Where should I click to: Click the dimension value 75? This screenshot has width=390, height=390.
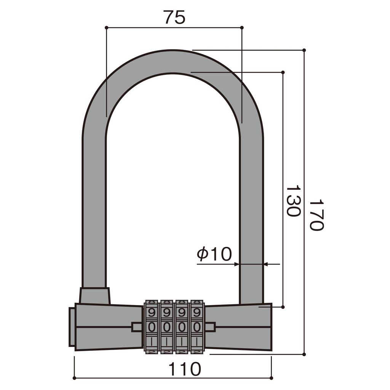pyautogui.click(x=174, y=17)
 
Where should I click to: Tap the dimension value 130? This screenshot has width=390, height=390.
pyautogui.click(x=293, y=201)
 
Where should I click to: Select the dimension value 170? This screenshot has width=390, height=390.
pyautogui.click(x=316, y=214)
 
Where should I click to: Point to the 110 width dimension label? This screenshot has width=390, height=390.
pyautogui.click(x=185, y=369)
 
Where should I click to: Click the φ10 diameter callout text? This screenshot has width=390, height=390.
pyautogui.click(x=214, y=254)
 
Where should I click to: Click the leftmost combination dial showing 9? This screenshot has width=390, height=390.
pyautogui.click(x=152, y=313)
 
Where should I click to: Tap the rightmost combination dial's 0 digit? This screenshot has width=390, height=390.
pyautogui.click(x=197, y=327)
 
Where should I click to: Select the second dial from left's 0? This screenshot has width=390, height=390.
pyautogui.click(x=166, y=327)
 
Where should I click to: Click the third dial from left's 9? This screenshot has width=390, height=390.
pyautogui.click(x=182, y=313)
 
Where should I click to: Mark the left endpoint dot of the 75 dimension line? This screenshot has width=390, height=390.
pyautogui.click(x=106, y=27)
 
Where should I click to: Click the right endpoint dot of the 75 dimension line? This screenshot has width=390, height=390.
pyautogui.click(x=242, y=27)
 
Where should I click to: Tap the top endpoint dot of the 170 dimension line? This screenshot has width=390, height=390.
pyautogui.click(x=304, y=50)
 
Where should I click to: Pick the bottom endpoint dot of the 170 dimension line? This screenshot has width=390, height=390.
pyautogui.click(x=304, y=354)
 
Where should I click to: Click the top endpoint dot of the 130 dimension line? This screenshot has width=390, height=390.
pyautogui.click(x=283, y=72)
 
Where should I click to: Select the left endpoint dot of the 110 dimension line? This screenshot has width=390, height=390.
pyautogui.click(x=74, y=378)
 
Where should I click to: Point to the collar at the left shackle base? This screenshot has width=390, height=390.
pyautogui.click(x=95, y=296)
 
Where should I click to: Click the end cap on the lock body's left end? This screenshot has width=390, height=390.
pyautogui.click(x=72, y=327)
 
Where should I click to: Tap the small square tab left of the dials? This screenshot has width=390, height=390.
pyautogui.click(x=136, y=327)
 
